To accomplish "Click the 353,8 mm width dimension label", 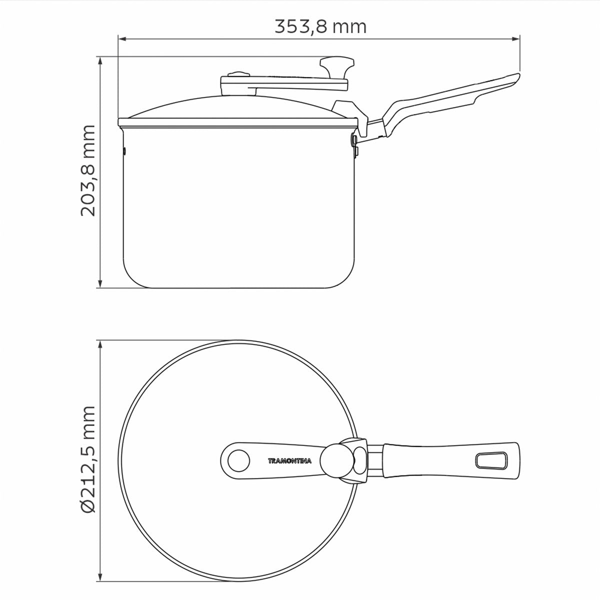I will coord(320,26).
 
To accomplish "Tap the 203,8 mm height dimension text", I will coord(88,170).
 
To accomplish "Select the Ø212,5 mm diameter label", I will coord(88,459).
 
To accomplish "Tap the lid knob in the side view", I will coord(338,65).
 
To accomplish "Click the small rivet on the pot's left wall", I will coord(124,149).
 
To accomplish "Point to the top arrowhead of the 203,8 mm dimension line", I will coord(101,60).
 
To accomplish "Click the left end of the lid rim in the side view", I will coord(120,122).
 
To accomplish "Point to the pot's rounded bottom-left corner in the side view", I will coord(131,278).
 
